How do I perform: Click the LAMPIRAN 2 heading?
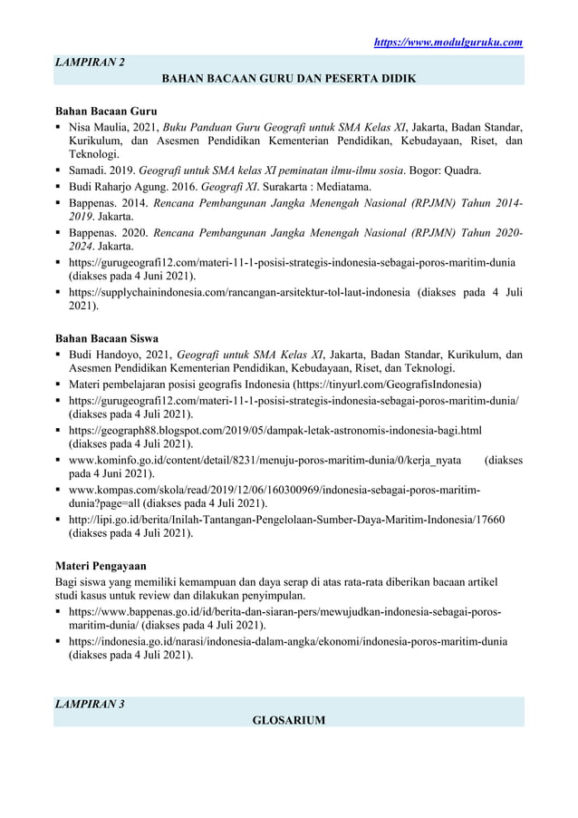click(x=91, y=63)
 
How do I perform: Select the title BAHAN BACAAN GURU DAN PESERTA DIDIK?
click(x=288, y=79)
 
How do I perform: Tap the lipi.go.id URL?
click(x=286, y=519)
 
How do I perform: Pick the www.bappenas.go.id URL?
click(x=285, y=611)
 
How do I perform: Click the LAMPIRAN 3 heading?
click(x=91, y=705)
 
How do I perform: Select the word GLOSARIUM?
click(x=288, y=720)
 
